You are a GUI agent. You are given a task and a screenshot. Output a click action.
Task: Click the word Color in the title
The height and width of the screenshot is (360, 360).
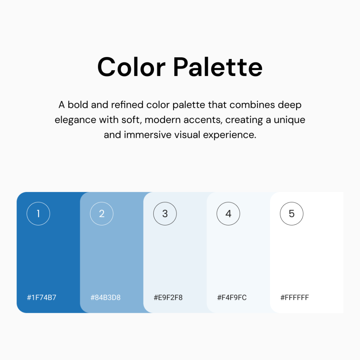coord(131,67)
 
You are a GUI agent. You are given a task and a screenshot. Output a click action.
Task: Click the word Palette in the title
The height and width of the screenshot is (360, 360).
coord(218,67)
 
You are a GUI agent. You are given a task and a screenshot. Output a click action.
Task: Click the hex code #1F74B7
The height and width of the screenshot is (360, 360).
coord(41,297)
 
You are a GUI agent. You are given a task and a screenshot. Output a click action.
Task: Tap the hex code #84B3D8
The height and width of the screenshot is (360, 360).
coord(105,297)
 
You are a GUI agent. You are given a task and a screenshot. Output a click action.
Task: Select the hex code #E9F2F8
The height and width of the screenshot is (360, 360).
coord(168,297)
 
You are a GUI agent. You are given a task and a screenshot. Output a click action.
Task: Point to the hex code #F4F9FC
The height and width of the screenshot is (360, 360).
coord(232,297)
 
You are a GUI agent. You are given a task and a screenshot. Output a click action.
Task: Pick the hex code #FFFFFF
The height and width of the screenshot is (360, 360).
coord(295,297)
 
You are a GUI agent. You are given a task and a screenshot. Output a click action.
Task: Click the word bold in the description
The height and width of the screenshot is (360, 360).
coord(78,105)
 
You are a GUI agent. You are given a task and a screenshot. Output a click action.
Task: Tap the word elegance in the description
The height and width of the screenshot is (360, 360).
coord(75,120)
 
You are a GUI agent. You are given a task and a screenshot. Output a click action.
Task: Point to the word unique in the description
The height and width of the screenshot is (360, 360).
coord(289,120)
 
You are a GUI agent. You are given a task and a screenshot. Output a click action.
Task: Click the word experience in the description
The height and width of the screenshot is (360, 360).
coord(230,135)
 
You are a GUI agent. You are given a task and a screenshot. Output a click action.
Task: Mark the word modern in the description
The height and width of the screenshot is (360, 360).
coord(162,120)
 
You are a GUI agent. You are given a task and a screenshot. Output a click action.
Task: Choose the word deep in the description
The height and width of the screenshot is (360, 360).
coord(290,105)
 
